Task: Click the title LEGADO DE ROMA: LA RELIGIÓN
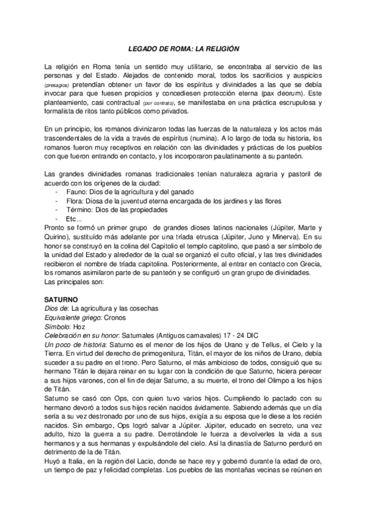pyautogui.click(x=183, y=48)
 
